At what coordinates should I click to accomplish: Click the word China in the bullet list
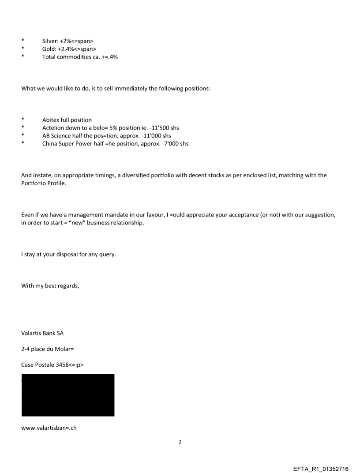(x=50, y=144)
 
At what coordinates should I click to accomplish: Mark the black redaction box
(x=68, y=395)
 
